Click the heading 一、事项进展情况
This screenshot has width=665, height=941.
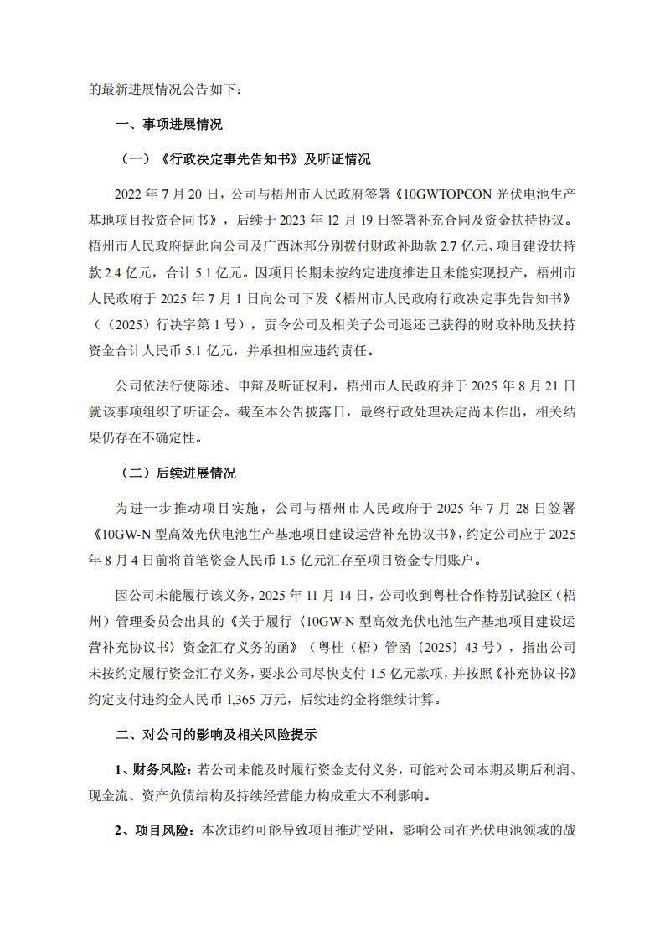coord(168,124)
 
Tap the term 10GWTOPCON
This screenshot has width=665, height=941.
coord(448,194)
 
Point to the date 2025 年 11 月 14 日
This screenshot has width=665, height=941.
coord(317,595)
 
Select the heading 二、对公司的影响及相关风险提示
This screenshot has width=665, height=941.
coord(215,735)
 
